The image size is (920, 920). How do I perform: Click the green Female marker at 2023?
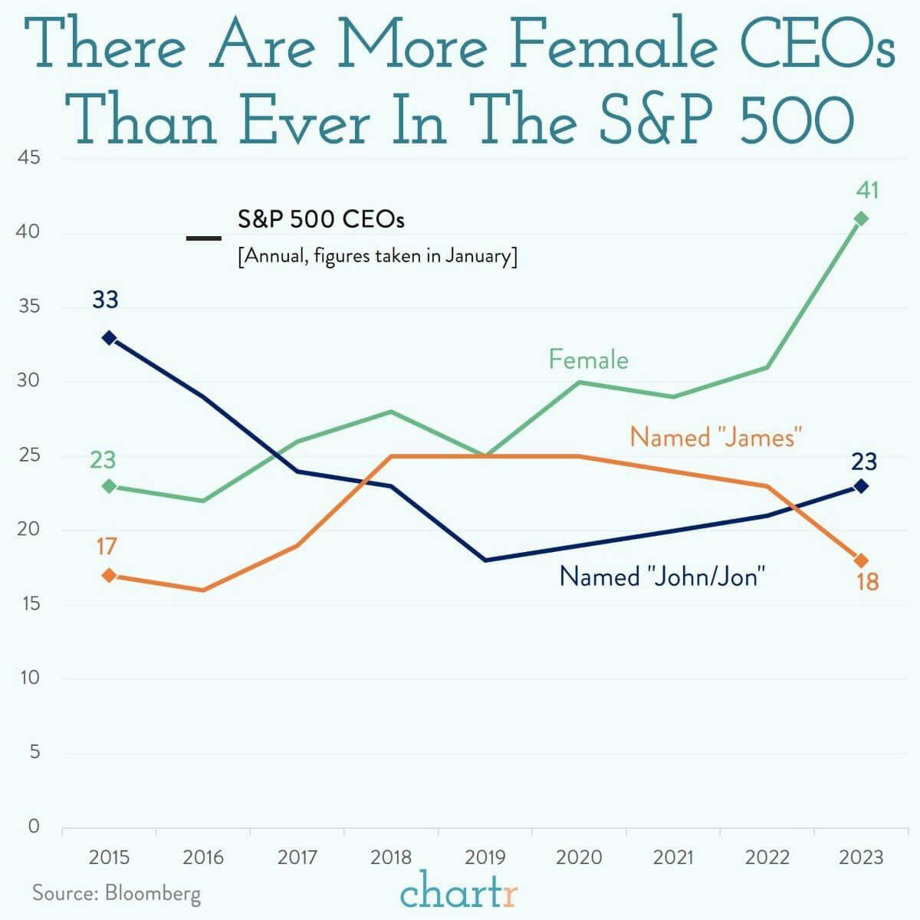[x=861, y=219]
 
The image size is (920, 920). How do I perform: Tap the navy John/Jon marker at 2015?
[x=109, y=337]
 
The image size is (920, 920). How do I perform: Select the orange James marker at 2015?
[x=109, y=575]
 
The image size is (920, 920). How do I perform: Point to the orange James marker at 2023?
[x=861, y=560]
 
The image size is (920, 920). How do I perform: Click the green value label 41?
[x=866, y=190]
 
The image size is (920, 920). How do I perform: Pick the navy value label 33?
[x=105, y=300]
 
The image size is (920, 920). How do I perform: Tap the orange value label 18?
[x=867, y=583]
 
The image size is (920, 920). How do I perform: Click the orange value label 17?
[x=106, y=547]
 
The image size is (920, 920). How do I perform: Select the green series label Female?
[x=588, y=360]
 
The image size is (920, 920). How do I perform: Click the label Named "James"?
[x=715, y=437]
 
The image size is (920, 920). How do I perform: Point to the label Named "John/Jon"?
[x=662, y=576]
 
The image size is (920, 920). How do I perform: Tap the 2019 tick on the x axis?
[x=485, y=856]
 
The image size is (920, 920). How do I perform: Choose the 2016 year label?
[x=203, y=856]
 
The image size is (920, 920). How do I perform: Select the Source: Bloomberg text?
[x=117, y=893]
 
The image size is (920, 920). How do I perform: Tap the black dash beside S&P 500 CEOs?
[x=204, y=238]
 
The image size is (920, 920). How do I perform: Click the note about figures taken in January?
[x=377, y=255]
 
